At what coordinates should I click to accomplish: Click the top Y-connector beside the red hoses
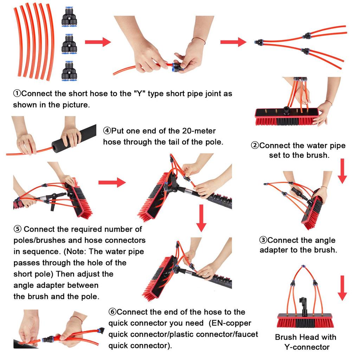coord(69,17)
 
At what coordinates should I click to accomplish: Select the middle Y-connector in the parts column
coord(69,44)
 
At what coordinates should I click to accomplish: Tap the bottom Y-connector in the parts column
coord(69,71)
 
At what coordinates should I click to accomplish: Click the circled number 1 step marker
coord(17,94)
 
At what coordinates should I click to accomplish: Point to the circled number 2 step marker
coord(255,145)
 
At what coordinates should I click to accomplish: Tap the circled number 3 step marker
coord(263,240)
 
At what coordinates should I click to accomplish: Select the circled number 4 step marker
coord(107,131)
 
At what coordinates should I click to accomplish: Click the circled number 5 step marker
coord(18,229)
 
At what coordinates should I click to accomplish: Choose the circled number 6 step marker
coord(112,312)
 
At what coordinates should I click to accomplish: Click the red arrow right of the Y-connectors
coord(98,42)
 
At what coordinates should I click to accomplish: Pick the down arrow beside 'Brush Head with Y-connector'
coord(342,288)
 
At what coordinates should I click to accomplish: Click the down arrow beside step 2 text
coord(342,171)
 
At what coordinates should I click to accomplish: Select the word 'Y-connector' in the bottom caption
coord(307,347)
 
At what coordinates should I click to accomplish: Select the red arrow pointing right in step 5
coord(112,182)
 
